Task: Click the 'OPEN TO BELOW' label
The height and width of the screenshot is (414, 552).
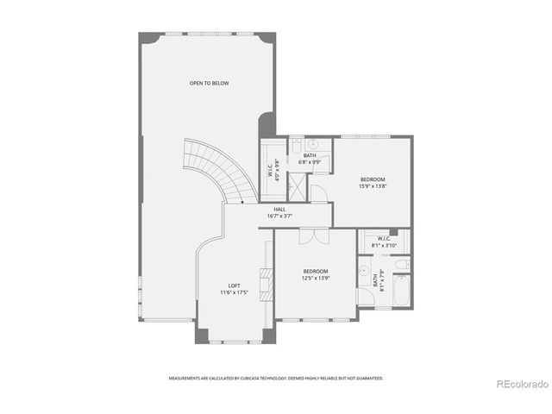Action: [210, 83]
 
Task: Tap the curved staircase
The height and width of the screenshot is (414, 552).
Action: [221, 169]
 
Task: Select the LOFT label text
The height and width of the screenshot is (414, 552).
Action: [234, 285]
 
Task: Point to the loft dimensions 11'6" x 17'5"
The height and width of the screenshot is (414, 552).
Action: [234, 292]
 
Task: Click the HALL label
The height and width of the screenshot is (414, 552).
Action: [279, 209]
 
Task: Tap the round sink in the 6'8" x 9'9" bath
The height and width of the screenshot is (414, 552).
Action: [315, 144]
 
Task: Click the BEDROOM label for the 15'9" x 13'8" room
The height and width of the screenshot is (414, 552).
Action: [373, 179]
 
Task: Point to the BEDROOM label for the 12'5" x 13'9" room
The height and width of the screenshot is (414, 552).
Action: [316, 271]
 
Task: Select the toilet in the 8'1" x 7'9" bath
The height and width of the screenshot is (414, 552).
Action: [402, 265]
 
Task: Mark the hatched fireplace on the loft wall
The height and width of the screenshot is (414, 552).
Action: [268, 282]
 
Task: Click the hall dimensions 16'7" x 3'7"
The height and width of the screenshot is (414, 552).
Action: [279, 216]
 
